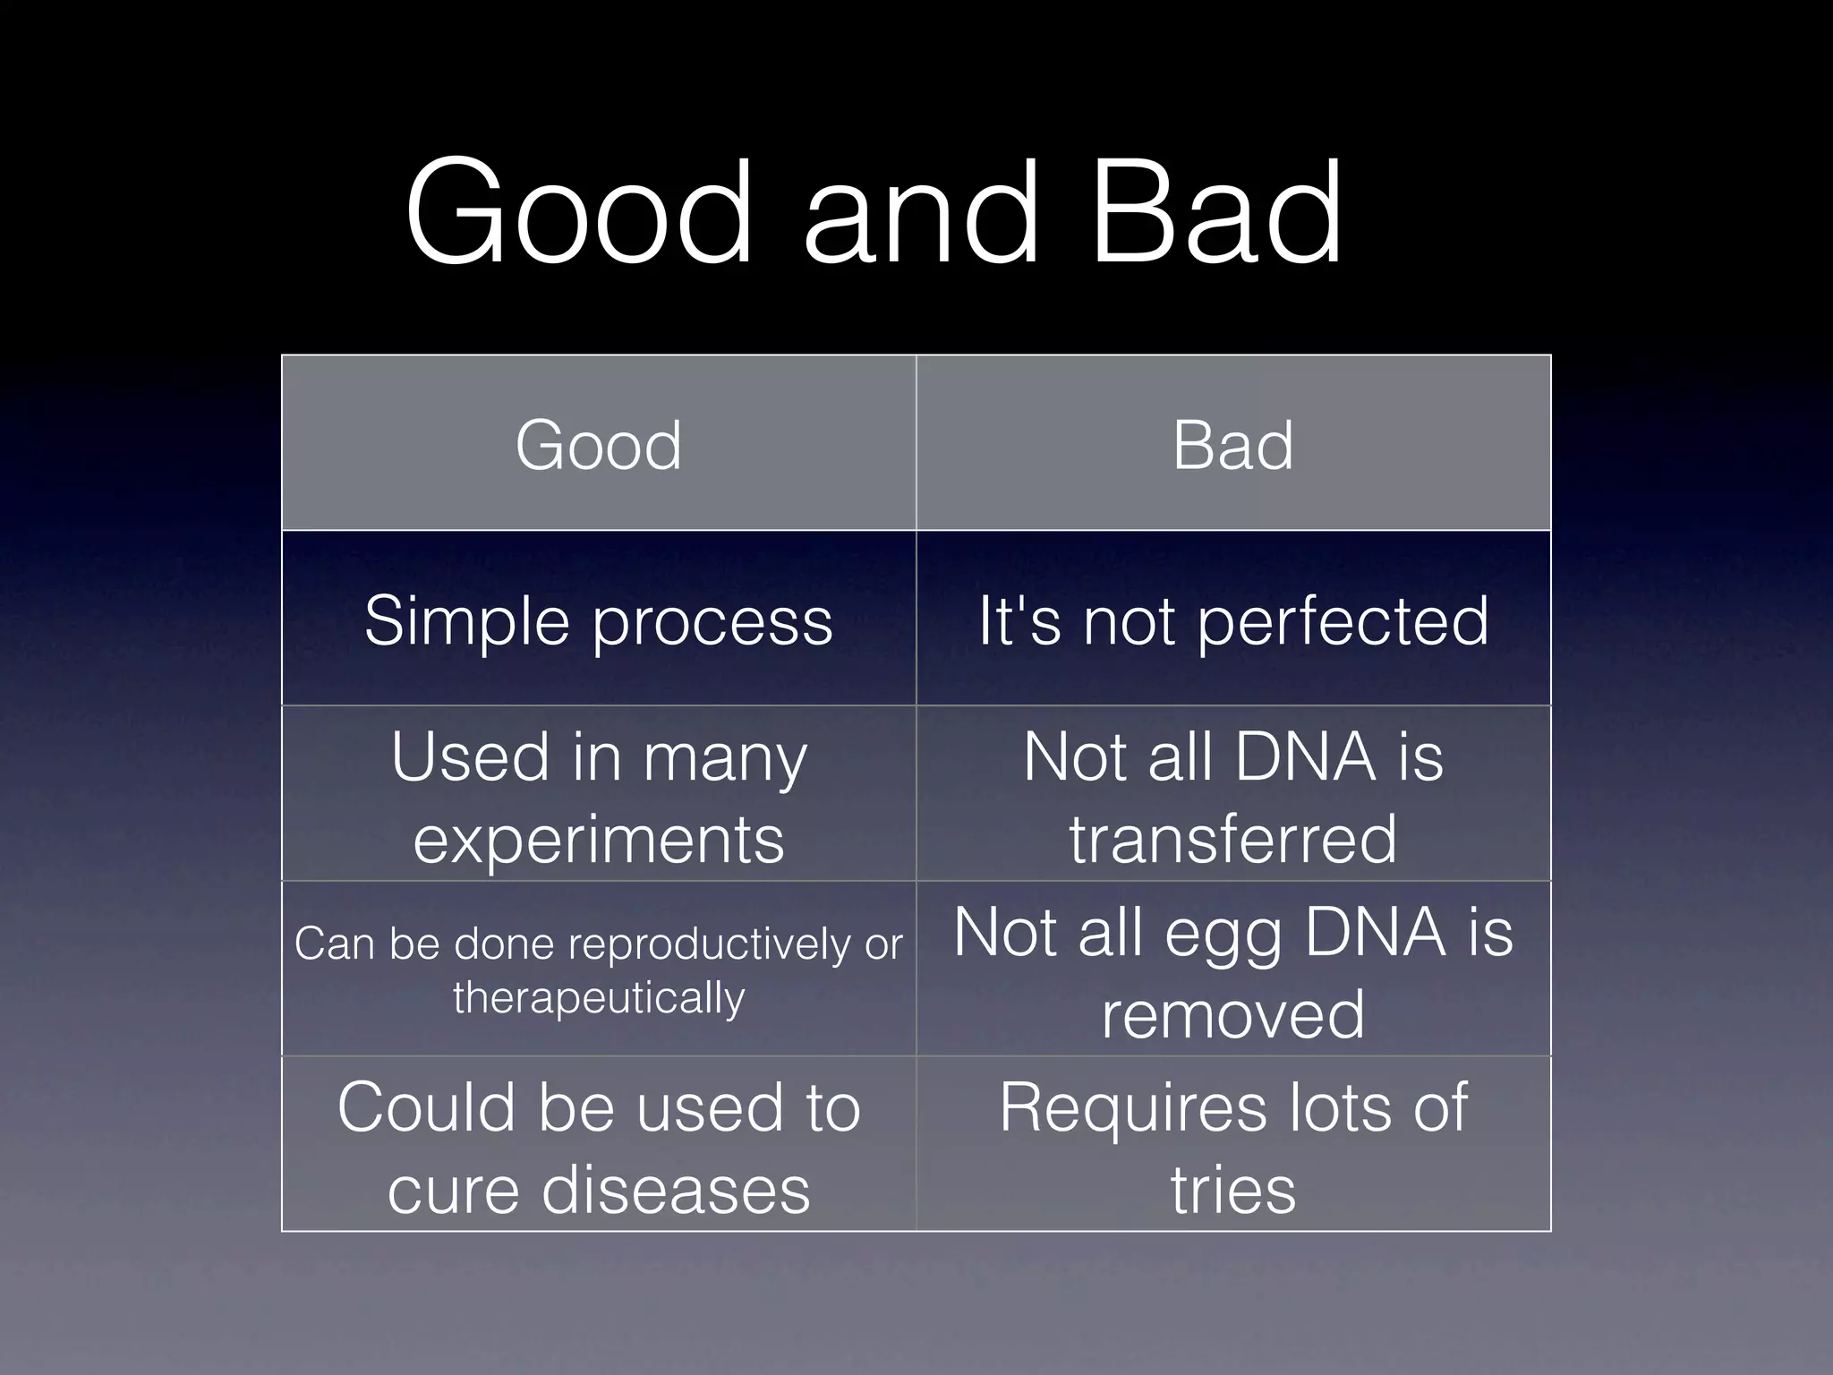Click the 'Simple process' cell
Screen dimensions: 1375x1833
tap(598, 620)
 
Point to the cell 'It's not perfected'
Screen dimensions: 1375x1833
tap(1232, 620)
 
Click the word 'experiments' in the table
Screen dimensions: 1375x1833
tap(598, 841)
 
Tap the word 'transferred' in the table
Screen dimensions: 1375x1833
tap(1232, 840)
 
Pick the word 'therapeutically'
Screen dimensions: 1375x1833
tap(598, 998)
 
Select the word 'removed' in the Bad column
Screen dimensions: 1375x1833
tap(1232, 1015)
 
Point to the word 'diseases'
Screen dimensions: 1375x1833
tap(676, 1191)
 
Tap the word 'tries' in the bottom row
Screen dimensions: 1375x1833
tap(1232, 1191)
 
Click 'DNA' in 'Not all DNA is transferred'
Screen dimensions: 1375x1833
tap(1303, 757)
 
